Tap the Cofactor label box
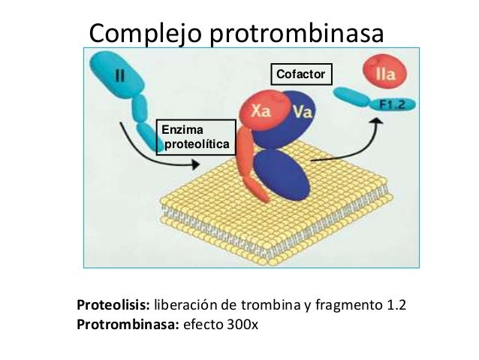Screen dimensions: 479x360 (x=300, y=73)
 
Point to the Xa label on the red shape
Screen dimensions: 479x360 (x=261, y=111)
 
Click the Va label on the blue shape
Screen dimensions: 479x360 (x=303, y=112)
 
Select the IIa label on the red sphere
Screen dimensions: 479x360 (x=385, y=74)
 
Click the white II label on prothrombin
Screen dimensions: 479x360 (x=120, y=75)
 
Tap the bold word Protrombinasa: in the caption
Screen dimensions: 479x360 (x=128, y=325)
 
